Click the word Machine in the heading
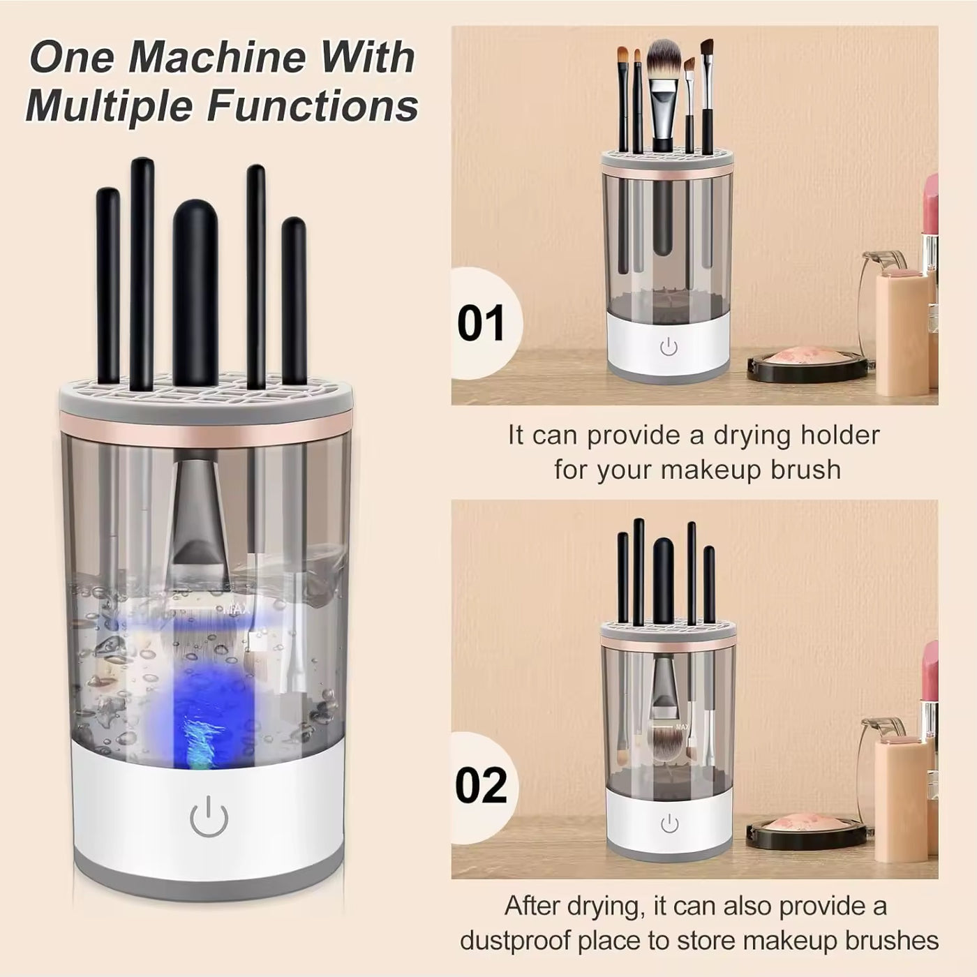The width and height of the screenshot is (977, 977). tap(216, 57)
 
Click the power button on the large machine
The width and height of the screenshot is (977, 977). tap(209, 817)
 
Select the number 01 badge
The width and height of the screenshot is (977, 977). tap(481, 324)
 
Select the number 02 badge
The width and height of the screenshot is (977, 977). tap(481, 786)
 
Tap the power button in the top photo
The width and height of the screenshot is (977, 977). tap(668, 346)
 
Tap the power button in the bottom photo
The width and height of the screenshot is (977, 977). tap(669, 824)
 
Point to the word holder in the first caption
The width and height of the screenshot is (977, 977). tap(840, 435)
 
